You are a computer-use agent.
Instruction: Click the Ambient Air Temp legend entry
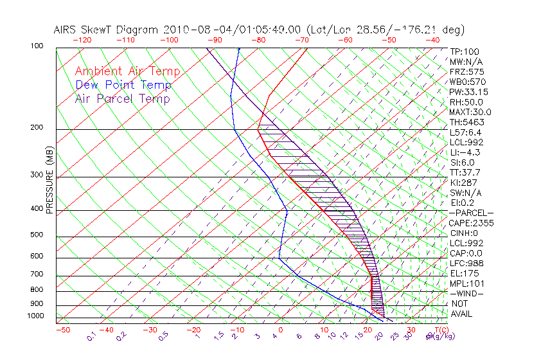127,71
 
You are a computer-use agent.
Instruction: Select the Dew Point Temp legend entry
123,85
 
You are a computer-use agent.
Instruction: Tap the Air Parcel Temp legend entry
122,98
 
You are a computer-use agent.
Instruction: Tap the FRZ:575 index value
465,71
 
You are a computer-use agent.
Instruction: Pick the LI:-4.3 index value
465,152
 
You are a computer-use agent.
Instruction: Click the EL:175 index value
463,273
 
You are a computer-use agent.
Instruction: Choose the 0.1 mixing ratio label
92,336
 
